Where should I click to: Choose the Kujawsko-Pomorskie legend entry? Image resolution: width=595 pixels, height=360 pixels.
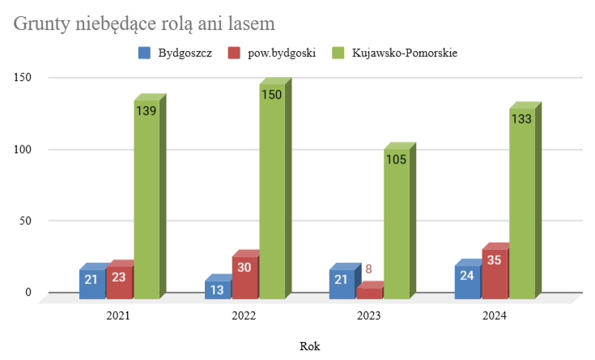[394, 53]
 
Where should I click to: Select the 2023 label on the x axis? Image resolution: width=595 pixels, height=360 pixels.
[369, 316]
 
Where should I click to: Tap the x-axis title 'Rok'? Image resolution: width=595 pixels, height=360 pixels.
[309, 345]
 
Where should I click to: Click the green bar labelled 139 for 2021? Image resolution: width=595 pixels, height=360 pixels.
[147, 202]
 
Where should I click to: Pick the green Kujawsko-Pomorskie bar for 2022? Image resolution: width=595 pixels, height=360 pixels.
[271, 194]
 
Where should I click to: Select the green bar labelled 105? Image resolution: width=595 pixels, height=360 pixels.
[396, 227]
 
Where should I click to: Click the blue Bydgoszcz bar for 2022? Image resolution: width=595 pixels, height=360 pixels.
[218, 290]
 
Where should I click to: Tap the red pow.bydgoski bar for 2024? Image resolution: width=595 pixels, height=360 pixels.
[495, 275]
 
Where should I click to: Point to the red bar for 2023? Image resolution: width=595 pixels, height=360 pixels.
[370, 293]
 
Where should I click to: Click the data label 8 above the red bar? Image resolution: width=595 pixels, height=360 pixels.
[369, 269]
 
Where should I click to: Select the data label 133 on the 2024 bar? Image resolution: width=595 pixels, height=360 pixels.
[521, 119]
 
